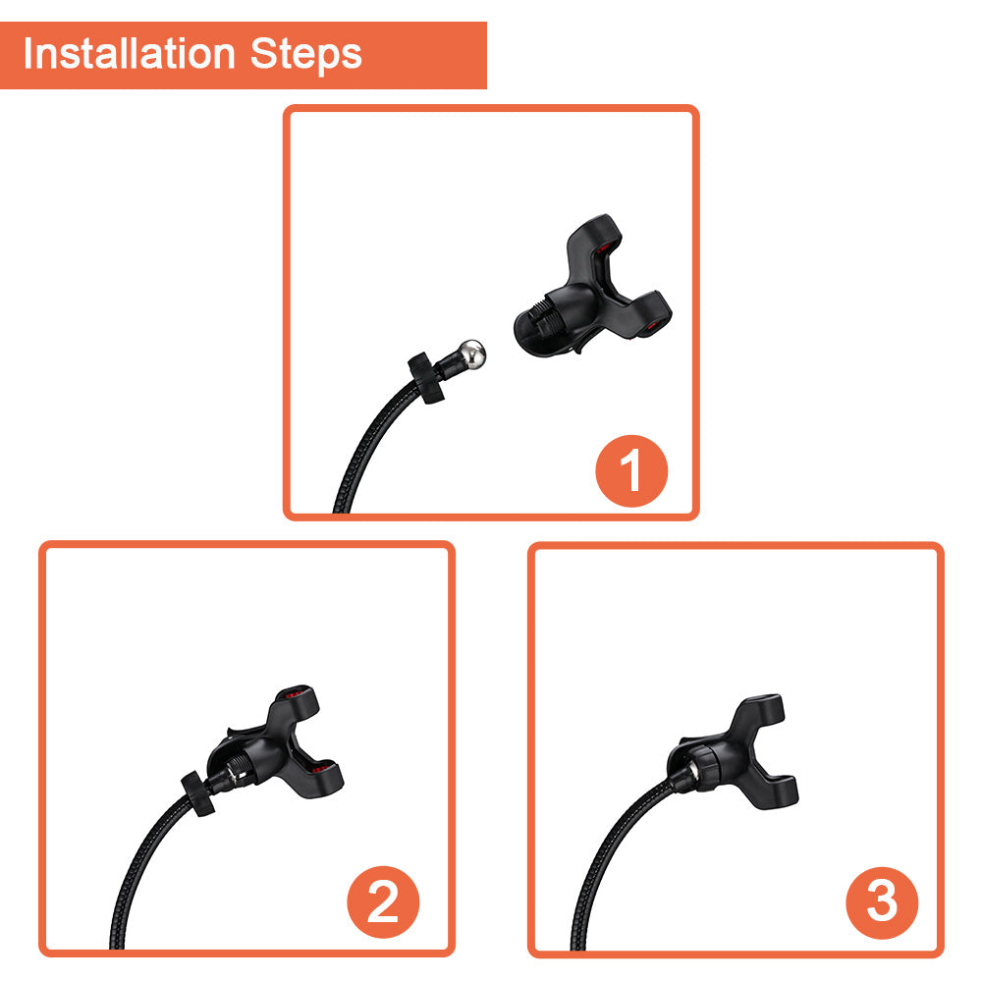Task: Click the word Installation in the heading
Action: tap(129, 53)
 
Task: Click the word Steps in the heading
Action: tap(305, 55)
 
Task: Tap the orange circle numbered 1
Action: tap(631, 470)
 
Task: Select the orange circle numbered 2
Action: tap(383, 901)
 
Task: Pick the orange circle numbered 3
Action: tap(882, 902)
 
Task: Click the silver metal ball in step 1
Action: tap(470, 355)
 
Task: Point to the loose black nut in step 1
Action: tap(426, 378)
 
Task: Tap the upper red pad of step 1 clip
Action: tap(603, 248)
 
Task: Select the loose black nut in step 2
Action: tap(198, 793)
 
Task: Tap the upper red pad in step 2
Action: tap(297, 694)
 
